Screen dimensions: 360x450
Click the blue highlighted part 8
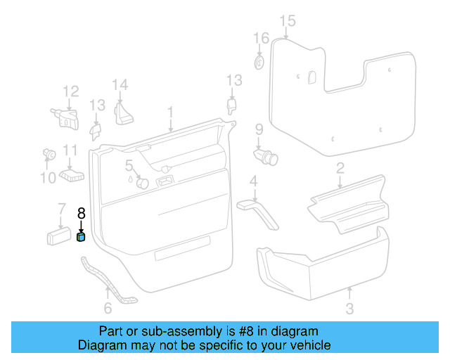tap(81, 238)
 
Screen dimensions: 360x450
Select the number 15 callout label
tap(286, 21)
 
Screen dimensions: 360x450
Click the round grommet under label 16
tap(259, 63)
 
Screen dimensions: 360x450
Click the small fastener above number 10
tap(49, 153)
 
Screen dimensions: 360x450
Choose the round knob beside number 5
tap(142, 183)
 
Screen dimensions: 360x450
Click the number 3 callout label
tap(349, 308)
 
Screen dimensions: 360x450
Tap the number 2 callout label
tap(340, 168)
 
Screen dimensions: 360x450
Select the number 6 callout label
tap(108, 308)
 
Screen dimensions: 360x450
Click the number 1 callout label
tap(169, 112)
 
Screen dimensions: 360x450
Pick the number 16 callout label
tap(261, 38)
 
